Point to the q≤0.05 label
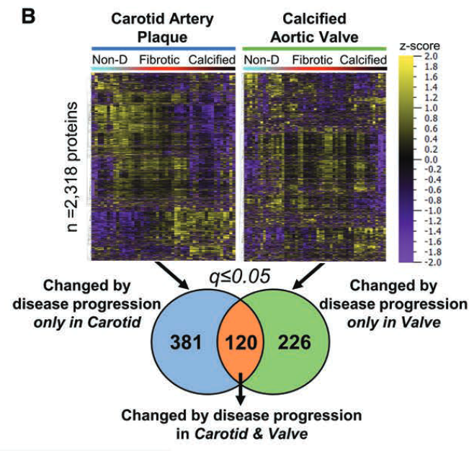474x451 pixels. [239, 277]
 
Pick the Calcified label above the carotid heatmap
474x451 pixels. [211, 59]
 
